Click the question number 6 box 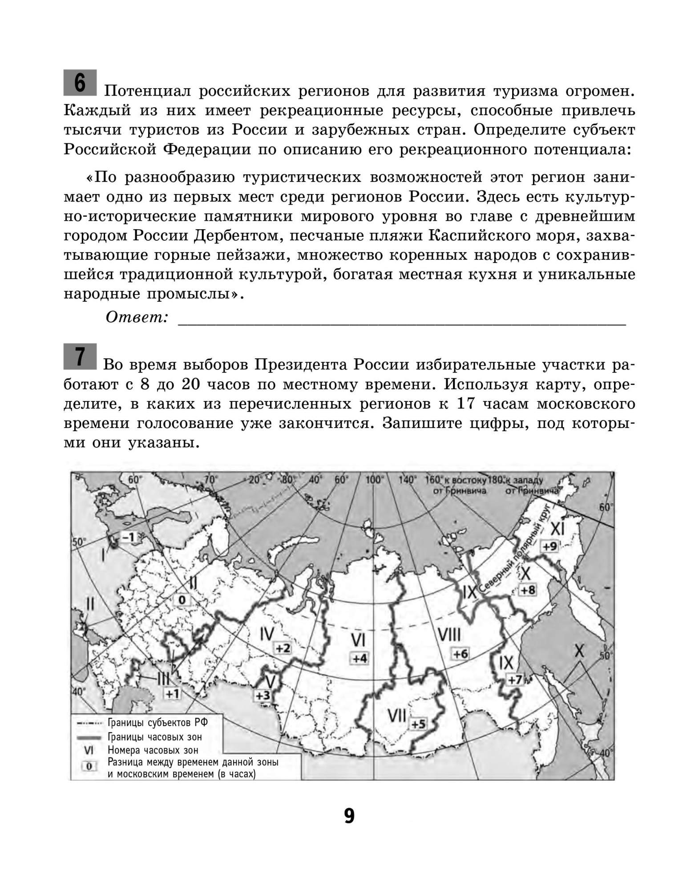[x=80, y=82]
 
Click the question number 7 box [x=80, y=356]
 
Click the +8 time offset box [x=528, y=590]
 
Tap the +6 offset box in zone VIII [x=461, y=654]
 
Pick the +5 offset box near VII [x=418, y=724]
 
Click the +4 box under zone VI [x=360, y=658]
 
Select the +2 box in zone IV [x=283, y=648]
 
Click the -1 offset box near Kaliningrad [x=128, y=537]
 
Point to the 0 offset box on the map [x=182, y=600]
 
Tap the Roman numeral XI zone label [x=557, y=529]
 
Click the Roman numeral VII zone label [x=396, y=716]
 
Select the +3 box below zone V [x=263, y=695]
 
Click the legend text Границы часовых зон [x=154, y=737]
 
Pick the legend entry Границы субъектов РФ [x=158, y=723]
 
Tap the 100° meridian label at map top [x=374, y=480]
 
